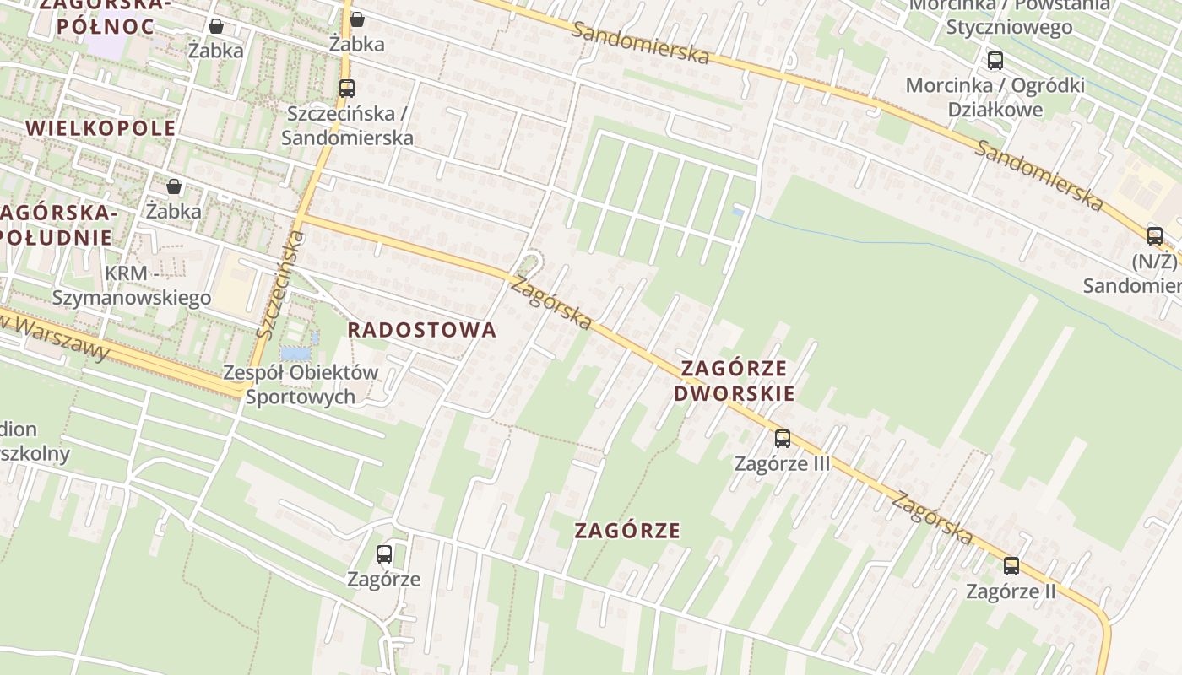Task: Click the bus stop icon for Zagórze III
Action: tap(782, 439)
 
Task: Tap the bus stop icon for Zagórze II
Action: tap(1011, 566)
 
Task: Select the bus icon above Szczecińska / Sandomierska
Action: tap(346, 88)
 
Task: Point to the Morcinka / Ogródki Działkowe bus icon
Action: tap(995, 61)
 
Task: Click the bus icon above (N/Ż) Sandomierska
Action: tap(1154, 236)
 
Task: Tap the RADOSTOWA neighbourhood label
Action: tap(422, 330)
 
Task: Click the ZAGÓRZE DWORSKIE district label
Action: tap(734, 381)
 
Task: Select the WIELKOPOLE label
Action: tap(101, 128)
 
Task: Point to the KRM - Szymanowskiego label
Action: tap(132, 285)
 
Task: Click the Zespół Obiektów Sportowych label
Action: tap(301, 384)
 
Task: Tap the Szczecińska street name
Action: tap(279, 285)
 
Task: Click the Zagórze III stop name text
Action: tap(782, 463)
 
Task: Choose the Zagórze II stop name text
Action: tap(1011, 591)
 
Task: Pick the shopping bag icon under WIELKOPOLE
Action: tap(174, 186)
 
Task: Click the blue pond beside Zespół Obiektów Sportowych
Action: tap(295, 353)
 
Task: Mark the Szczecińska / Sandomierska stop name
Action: tap(347, 125)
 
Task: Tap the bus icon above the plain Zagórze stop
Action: tap(384, 554)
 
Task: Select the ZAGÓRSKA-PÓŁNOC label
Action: tap(106, 15)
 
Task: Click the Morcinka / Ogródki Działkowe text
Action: tap(995, 97)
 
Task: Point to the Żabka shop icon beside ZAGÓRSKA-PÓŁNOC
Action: tap(216, 26)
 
